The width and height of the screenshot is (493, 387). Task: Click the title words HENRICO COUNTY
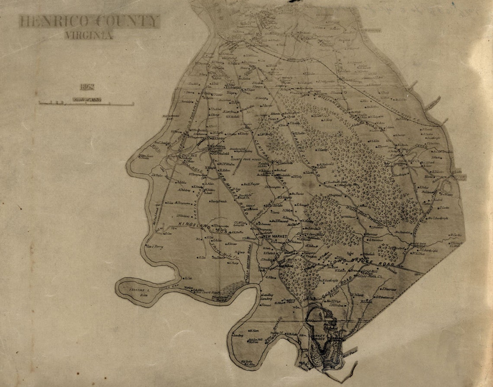(89, 21)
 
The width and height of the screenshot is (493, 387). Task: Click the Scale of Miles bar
(86, 103)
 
